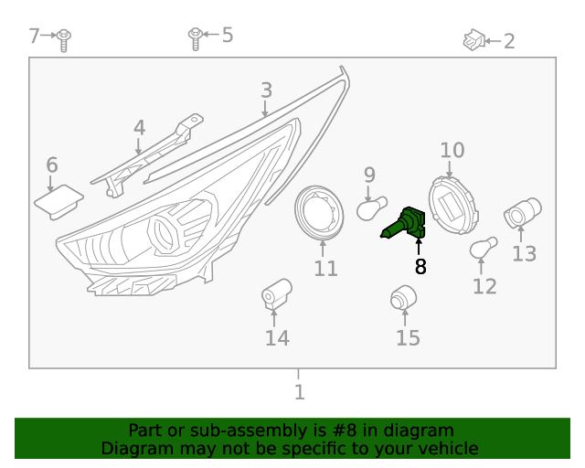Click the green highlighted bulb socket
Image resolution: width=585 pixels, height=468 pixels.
404,224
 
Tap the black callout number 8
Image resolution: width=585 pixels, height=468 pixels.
420,267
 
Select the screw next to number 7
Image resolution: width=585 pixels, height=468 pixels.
64,38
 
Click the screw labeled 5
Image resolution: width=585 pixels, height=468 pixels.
195,37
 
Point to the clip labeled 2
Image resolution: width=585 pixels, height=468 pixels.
473,39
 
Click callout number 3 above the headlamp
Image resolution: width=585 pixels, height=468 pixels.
266,90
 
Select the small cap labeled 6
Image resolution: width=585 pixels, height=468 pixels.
58,200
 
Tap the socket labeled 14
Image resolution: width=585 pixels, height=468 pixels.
274,294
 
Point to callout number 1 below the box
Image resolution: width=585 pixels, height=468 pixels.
299,392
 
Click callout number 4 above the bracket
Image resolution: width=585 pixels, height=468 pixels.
139,128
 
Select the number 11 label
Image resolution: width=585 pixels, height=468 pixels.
325,269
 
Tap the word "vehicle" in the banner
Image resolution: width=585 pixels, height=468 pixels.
449,449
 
